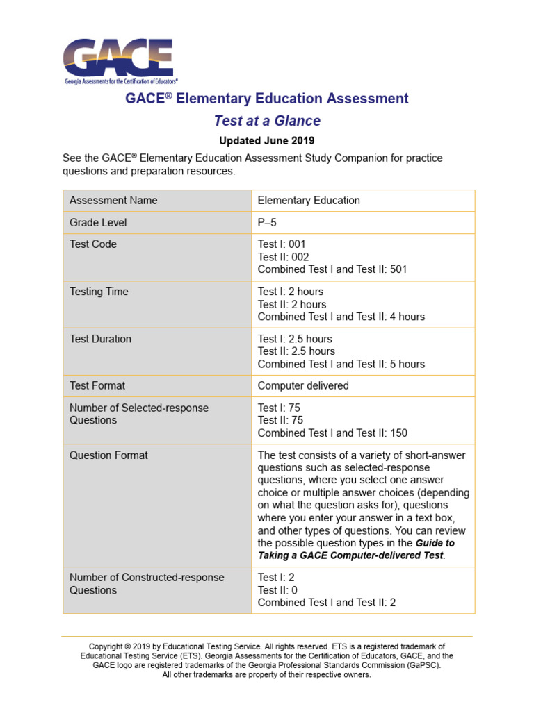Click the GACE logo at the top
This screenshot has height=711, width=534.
tap(118, 61)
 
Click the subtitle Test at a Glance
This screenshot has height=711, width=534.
tap(267, 121)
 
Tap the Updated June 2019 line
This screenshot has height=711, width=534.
tap(267, 140)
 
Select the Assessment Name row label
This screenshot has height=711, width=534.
tap(113, 201)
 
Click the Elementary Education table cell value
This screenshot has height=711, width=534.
tap(309, 201)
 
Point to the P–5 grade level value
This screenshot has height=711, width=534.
tap(267, 223)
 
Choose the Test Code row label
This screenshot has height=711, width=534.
tap(93, 244)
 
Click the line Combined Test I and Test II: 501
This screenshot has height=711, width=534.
tap(332, 269)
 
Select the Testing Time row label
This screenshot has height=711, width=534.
tap(99, 292)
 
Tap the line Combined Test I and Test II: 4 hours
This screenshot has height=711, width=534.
tap(341, 317)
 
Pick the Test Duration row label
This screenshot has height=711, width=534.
tap(100, 339)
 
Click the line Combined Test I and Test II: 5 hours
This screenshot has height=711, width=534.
tap(341, 364)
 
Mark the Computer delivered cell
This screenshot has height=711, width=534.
tap(303, 385)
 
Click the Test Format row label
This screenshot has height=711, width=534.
tap(97, 385)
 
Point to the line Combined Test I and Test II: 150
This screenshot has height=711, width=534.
tap(332, 433)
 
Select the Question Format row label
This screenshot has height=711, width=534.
tap(108, 455)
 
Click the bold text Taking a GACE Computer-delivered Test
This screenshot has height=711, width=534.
tap(350, 555)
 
